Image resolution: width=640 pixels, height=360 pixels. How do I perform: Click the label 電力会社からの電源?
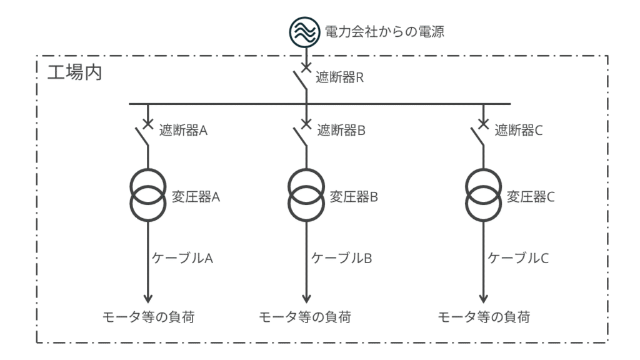(386, 31)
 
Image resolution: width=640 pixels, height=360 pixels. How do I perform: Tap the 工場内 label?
(75, 71)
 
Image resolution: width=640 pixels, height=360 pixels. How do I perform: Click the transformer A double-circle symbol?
(147, 196)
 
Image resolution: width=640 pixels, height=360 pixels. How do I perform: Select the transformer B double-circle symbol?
(306, 196)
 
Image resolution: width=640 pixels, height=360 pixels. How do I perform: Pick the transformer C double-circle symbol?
(482, 196)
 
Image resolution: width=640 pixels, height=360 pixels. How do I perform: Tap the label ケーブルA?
(183, 257)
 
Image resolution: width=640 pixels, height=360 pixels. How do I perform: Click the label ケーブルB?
(342, 257)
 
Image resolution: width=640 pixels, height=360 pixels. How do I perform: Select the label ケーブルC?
(518, 257)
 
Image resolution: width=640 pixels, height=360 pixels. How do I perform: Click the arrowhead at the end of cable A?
(147, 296)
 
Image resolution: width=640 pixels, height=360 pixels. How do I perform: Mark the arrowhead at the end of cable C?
(482, 296)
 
